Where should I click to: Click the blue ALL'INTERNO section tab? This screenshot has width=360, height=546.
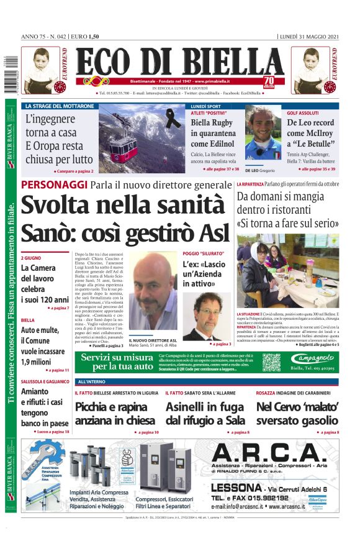[x=92, y=381]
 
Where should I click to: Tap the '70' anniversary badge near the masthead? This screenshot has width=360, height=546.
[x=269, y=81]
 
